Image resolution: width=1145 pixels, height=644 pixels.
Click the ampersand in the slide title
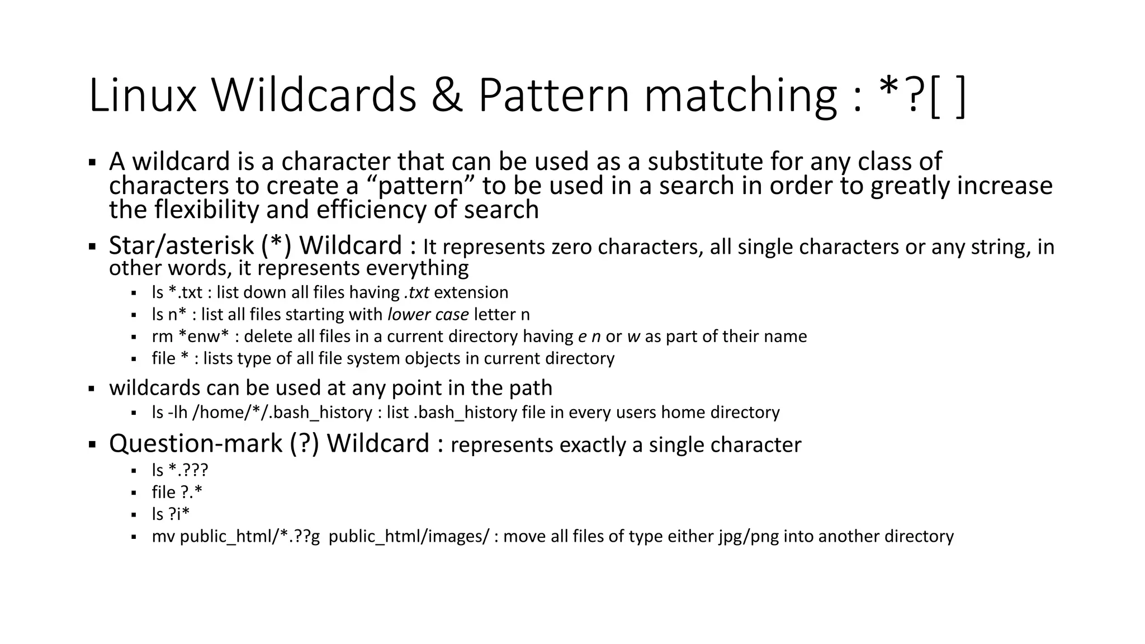(x=447, y=96)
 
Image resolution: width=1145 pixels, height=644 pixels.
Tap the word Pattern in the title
(x=553, y=96)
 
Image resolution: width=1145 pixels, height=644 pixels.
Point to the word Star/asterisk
(x=181, y=246)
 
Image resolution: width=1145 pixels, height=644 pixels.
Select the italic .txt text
(x=416, y=292)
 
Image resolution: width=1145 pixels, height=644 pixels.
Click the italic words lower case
(x=428, y=314)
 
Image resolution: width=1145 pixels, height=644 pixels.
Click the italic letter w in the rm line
(x=633, y=337)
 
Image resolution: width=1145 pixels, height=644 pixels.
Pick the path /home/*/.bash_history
(x=282, y=413)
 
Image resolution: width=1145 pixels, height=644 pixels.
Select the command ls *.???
(x=179, y=470)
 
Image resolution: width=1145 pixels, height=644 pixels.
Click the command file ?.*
(x=177, y=493)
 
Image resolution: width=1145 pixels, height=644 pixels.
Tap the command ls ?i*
(x=171, y=514)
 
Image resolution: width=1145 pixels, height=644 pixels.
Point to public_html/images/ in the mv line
(x=409, y=537)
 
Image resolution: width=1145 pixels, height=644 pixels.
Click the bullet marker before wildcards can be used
(x=92, y=389)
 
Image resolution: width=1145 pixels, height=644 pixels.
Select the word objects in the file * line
(x=433, y=358)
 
